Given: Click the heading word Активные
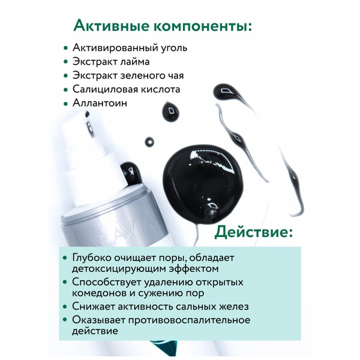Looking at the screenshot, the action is (111, 25).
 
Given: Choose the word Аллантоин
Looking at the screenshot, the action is (100, 103).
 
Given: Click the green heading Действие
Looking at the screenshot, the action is (253, 232).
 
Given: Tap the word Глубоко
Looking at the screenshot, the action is (91, 257).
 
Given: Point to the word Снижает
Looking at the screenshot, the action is (93, 306).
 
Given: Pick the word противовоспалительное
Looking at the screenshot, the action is (189, 320).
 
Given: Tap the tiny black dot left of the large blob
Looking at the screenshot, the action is (149, 142).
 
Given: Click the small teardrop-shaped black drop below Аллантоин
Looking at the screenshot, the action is (170, 112).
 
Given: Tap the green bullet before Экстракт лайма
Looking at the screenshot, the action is (66, 62).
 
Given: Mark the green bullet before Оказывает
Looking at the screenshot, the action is (65, 320).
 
